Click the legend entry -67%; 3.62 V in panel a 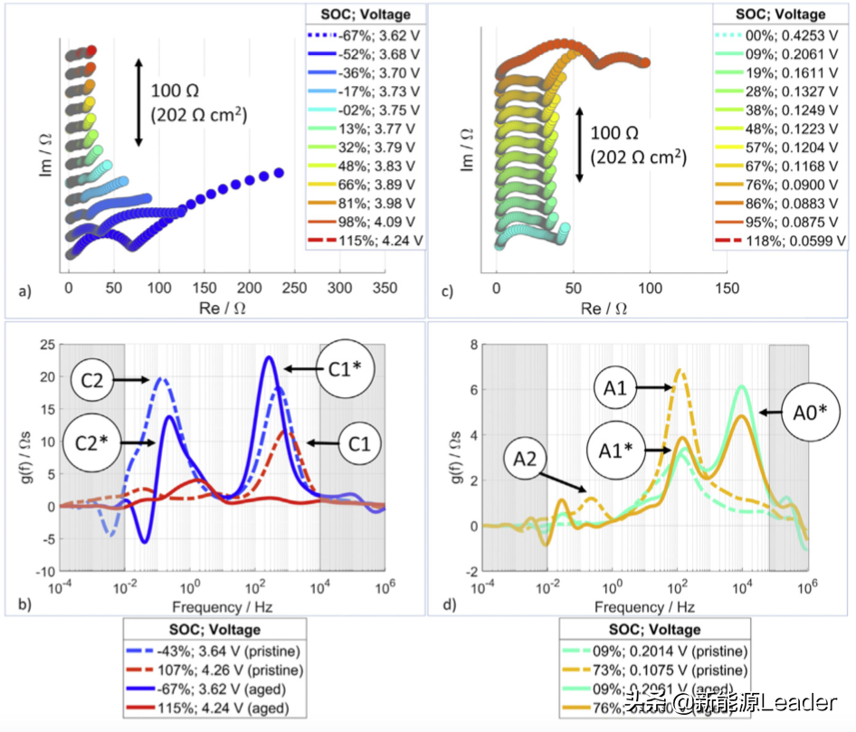click(366, 36)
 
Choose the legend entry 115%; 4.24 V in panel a click(366, 241)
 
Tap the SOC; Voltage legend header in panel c click(782, 14)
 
